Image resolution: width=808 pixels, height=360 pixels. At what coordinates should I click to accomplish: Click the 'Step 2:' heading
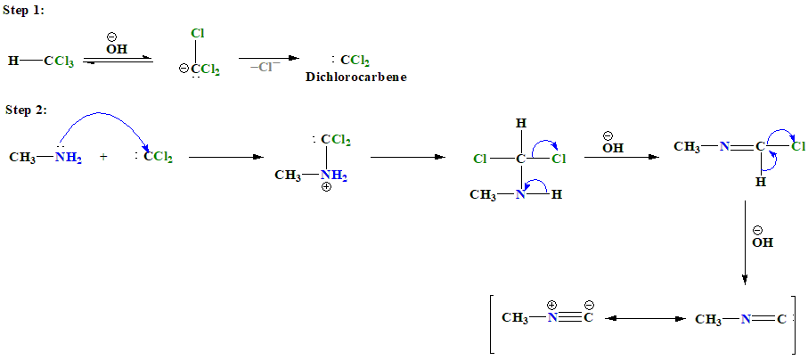coord(24,110)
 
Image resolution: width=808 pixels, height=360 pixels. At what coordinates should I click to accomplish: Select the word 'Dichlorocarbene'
coord(356,78)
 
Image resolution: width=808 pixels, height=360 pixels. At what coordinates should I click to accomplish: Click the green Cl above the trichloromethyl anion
coord(198,34)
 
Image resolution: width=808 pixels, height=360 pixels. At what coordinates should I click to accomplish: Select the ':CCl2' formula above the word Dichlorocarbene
coord(350,61)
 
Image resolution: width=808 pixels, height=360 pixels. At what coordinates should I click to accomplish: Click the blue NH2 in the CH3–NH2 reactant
coord(68,158)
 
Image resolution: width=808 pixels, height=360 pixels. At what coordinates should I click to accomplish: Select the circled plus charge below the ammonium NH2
coord(326,187)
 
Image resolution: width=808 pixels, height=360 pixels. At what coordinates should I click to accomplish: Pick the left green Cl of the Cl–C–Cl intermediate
coord(480,160)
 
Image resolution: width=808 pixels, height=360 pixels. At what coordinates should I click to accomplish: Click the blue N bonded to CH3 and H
coord(520,195)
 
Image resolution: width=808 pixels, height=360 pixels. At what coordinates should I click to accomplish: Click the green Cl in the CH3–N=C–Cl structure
coord(797,146)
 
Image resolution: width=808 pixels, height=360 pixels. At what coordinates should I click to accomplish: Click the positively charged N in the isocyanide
coord(552,317)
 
